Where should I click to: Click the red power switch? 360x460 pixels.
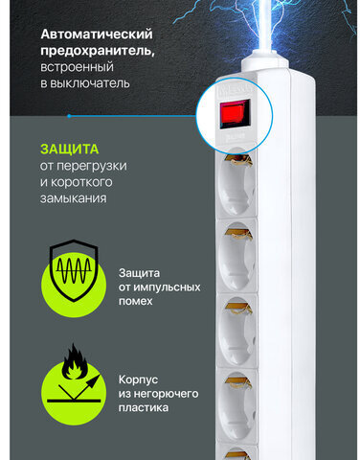click(x=235, y=113)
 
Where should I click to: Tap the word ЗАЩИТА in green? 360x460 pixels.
click(x=70, y=149)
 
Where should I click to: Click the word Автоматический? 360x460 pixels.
click(x=97, y=34)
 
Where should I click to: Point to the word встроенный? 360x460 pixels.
click(x=77, y=67)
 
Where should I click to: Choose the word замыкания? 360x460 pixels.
click(x=73, y=198)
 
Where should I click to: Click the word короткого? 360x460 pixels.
click(x=81, y=182)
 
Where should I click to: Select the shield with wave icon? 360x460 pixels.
click(x=74, y=270)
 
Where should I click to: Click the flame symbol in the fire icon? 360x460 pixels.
click(x=75, y=361)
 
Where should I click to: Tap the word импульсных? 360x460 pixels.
click(x=167, y=287)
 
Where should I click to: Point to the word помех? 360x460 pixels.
click(x=135, y=301)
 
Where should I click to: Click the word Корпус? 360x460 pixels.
click(x=138, y=379)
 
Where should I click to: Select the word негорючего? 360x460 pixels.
click(x=166, y=394)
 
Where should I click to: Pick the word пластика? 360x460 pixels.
click(x=144, y=408)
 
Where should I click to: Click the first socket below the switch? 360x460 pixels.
click(x=236, y=184)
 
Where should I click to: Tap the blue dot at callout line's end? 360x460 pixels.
click(x=69, y=116)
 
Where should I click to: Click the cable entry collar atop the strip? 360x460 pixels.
click(x=265, y=60)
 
